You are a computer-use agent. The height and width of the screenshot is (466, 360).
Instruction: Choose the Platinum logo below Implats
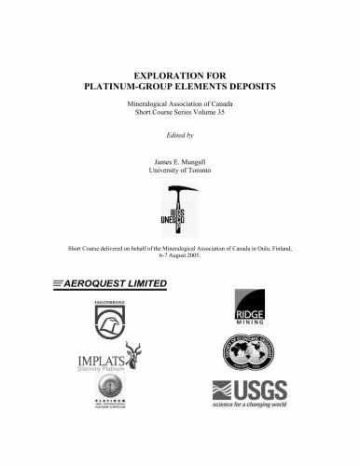108,393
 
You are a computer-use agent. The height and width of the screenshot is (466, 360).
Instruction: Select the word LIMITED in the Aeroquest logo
139,282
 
